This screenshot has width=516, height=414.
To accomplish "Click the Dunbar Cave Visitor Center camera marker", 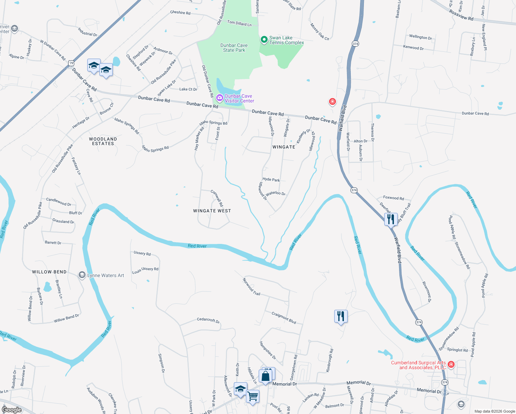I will [x=219, y=98].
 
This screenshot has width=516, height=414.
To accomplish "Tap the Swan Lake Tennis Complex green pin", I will [x=264, y=40].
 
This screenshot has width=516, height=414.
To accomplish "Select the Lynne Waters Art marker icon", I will [x=82, y=275].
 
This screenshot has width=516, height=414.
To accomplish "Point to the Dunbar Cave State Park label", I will [x=234, y=48].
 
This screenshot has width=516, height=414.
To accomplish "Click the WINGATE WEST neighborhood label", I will [x=212, y=211].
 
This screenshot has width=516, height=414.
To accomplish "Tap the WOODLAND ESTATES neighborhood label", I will [x=103, y=141].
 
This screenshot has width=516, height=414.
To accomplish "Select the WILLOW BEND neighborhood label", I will [x=49, y=272].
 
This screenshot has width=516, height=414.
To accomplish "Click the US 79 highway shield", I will [x=71, y=63].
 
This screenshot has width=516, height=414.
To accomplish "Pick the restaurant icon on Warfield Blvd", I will [x=391, y=219].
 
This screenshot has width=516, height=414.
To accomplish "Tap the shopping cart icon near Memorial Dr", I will [x=253, y=396].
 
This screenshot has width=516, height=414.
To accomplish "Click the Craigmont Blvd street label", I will [x=284, y=318].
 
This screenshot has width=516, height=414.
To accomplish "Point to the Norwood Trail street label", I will [x=251, y=287].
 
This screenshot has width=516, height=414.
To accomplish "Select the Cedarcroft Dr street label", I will [x=208, y=320].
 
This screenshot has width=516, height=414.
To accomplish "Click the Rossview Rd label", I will [x=461, y=15].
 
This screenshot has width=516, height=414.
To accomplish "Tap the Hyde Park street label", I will [x=271, y=180].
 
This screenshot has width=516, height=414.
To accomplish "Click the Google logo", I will [x=11, y=410].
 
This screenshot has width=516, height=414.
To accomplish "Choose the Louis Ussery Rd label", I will [x=145, y=270].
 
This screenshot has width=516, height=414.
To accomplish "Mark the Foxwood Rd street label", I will [x=393, y=198].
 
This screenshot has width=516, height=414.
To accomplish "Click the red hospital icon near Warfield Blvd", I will [x=332, y=101].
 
